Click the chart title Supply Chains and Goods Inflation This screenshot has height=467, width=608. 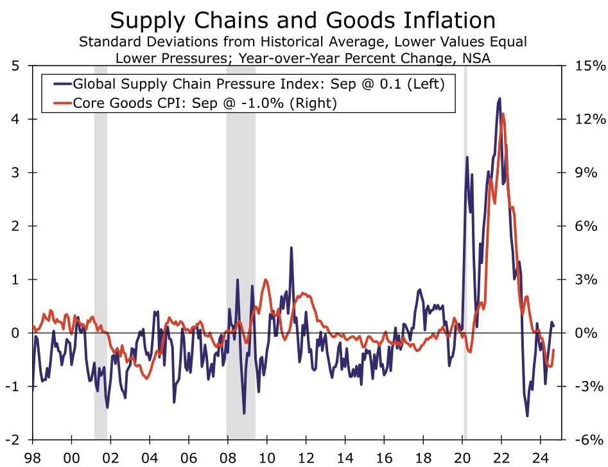[x=303, y=21]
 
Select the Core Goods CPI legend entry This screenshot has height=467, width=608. [x=205, y=103]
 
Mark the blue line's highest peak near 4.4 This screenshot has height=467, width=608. [x=499, y=99]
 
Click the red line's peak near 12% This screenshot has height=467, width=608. [x=503, y=114]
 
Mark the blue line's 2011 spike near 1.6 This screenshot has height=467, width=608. [x=291, y=247]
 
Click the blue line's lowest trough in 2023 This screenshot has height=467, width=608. [x=528, y=416]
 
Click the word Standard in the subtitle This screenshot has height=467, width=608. [x=109, y=43]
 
